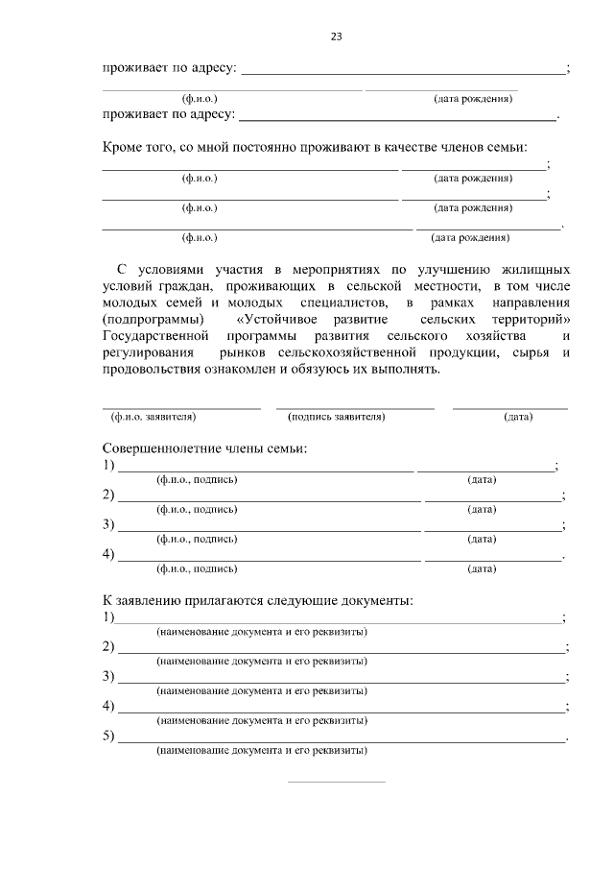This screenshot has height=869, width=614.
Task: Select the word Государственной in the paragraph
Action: click(155, 335)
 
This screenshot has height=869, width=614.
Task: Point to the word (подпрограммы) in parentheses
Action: click(153, 318)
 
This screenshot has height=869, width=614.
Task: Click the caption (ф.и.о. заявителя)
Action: click(153, 417)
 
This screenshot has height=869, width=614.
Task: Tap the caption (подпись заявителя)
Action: click(336, 417)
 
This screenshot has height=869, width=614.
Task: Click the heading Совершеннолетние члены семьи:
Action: click(204, 449)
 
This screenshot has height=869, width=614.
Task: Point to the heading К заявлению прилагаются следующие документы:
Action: click(258, 601)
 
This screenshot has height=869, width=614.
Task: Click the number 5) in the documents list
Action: click(108, 737)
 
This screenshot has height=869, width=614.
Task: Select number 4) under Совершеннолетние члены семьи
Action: click(108, 555)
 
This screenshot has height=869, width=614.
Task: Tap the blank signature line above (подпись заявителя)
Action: click(355, 408)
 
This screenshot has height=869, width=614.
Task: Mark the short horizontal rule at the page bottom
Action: click(336, 782)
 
